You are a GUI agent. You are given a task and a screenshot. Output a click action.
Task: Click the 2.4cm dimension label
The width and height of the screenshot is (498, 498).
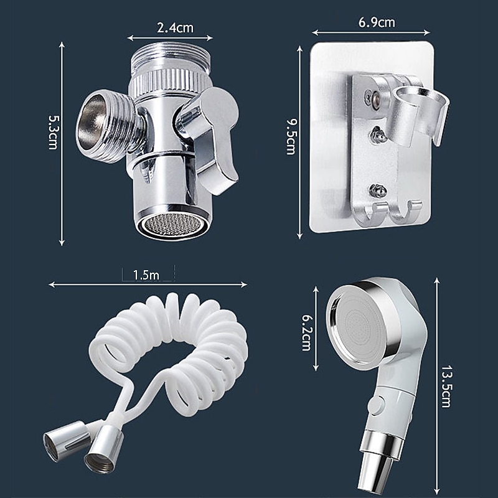pyautogui.click(x=175, y=27)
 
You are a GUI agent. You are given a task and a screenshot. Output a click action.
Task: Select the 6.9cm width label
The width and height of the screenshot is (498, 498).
pyautogui.click(x=377, y=23)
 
